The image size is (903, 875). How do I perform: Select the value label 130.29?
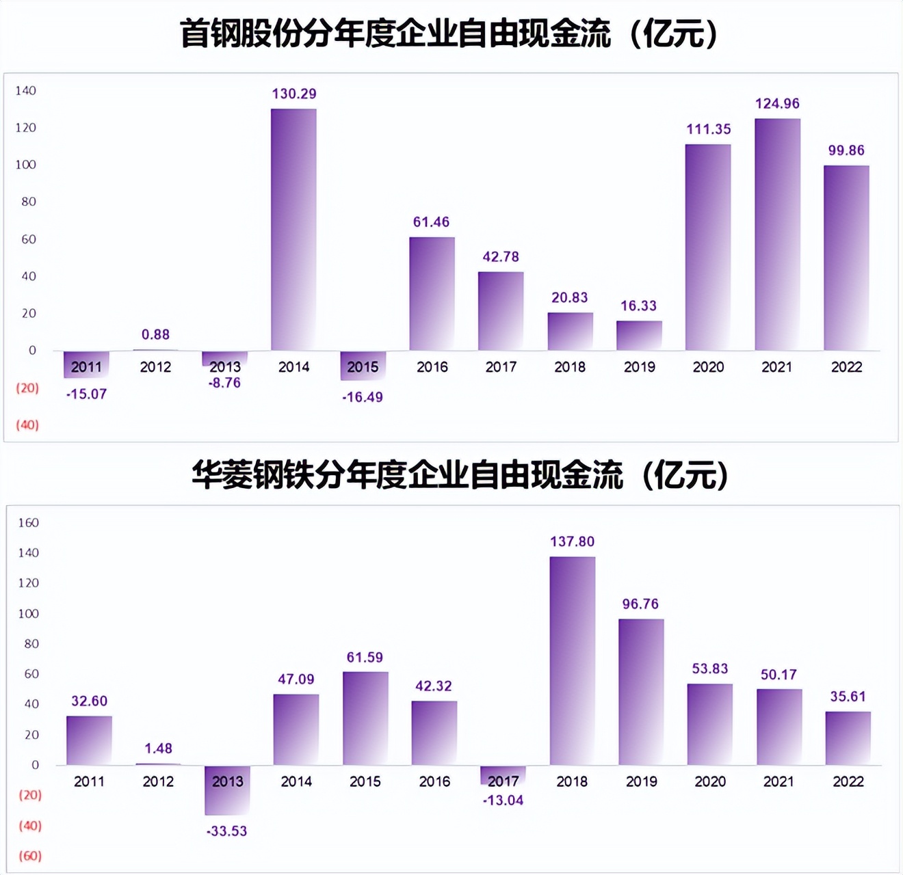[x=294, y=94]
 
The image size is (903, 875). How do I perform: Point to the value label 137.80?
[x=572, y=541]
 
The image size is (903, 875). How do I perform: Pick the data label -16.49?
[x=363, y=397]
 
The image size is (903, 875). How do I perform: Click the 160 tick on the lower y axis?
[x=28, y=523]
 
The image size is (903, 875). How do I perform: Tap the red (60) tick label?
[x=30, y=856]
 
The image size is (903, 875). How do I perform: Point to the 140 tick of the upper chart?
[x=26, y=90]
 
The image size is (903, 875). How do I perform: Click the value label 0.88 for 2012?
[x=155, y=334]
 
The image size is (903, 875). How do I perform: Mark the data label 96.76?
[x=640, y=604]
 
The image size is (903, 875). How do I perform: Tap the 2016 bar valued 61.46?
[x=432, y=294]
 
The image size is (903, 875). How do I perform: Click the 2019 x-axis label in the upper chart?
[x=639, y=367]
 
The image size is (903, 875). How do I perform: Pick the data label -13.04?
[x=503, y=800]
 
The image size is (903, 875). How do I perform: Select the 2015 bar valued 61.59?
[x=365, y=718]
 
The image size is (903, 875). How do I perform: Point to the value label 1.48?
[x=158, y=749]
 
